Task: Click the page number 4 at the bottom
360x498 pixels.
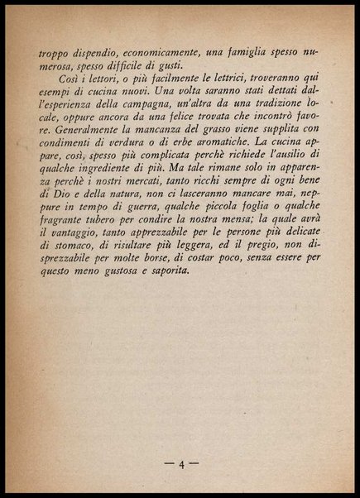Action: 180,463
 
